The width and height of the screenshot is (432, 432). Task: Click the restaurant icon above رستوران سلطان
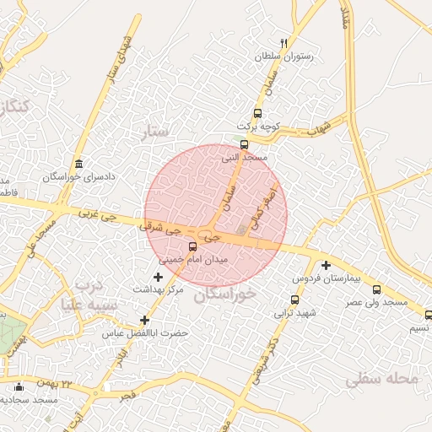coord(283,43)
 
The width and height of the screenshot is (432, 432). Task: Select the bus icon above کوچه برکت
coord(256,113)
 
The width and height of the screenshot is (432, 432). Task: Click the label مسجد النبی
coord(245,157)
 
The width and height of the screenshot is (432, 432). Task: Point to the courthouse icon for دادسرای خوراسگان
coord(79,164)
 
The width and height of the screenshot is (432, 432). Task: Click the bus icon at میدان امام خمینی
coord(193,247)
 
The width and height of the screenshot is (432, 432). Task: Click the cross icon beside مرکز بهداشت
coord(157,277)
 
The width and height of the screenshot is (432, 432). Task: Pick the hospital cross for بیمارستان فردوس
coord(326,265)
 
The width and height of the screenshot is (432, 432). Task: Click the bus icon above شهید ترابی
coord(294,300)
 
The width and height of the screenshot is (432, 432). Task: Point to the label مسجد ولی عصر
coord(381,301)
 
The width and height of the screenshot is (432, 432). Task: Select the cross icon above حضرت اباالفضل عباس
coord(145,320)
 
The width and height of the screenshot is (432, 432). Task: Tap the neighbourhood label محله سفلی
coord(381,380)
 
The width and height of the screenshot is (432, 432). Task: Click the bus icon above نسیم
coord(428,315)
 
